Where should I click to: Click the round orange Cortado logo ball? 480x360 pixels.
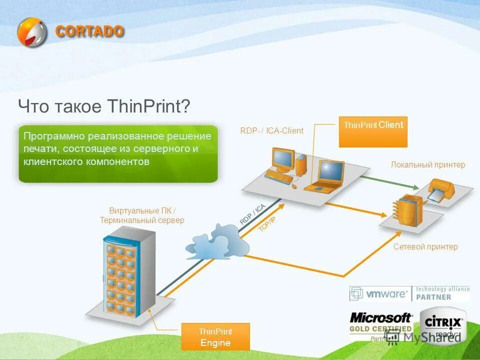click(31, 32)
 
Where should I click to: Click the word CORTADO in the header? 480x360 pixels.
click(89, 31)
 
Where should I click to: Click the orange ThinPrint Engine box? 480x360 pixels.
click(215, 336)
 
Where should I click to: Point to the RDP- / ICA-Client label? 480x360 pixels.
click(271, 131)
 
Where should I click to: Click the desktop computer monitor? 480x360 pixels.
click(283, 159)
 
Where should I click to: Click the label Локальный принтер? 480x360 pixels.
click(428, 164)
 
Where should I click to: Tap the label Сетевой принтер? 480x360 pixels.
click(425, 246)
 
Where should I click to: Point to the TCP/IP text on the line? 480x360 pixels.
click(266, 224)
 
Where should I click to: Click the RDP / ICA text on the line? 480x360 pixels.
click(252, 214)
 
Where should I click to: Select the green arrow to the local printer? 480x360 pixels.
click(385, 181)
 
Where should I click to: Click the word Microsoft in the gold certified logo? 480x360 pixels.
click(380, 317)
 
